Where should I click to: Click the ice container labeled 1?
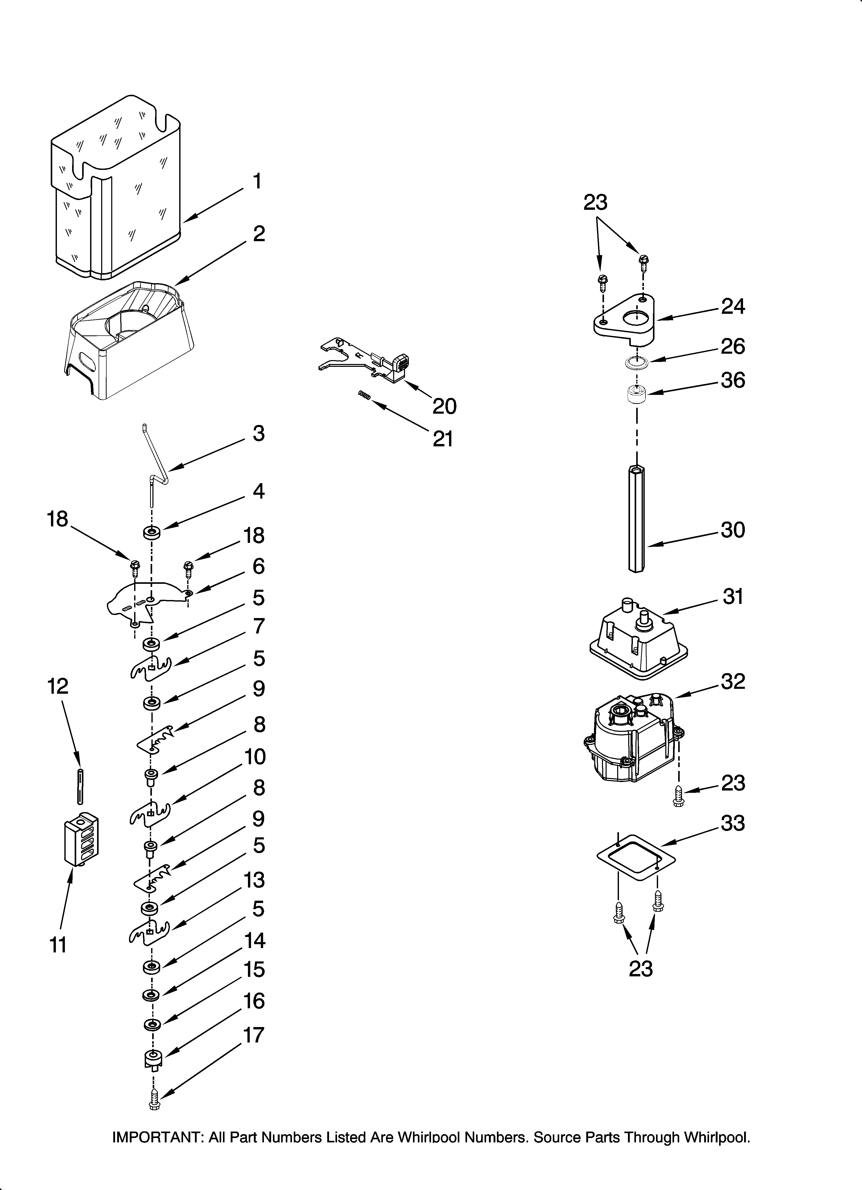pyautogui.click(x=116, y=189)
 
